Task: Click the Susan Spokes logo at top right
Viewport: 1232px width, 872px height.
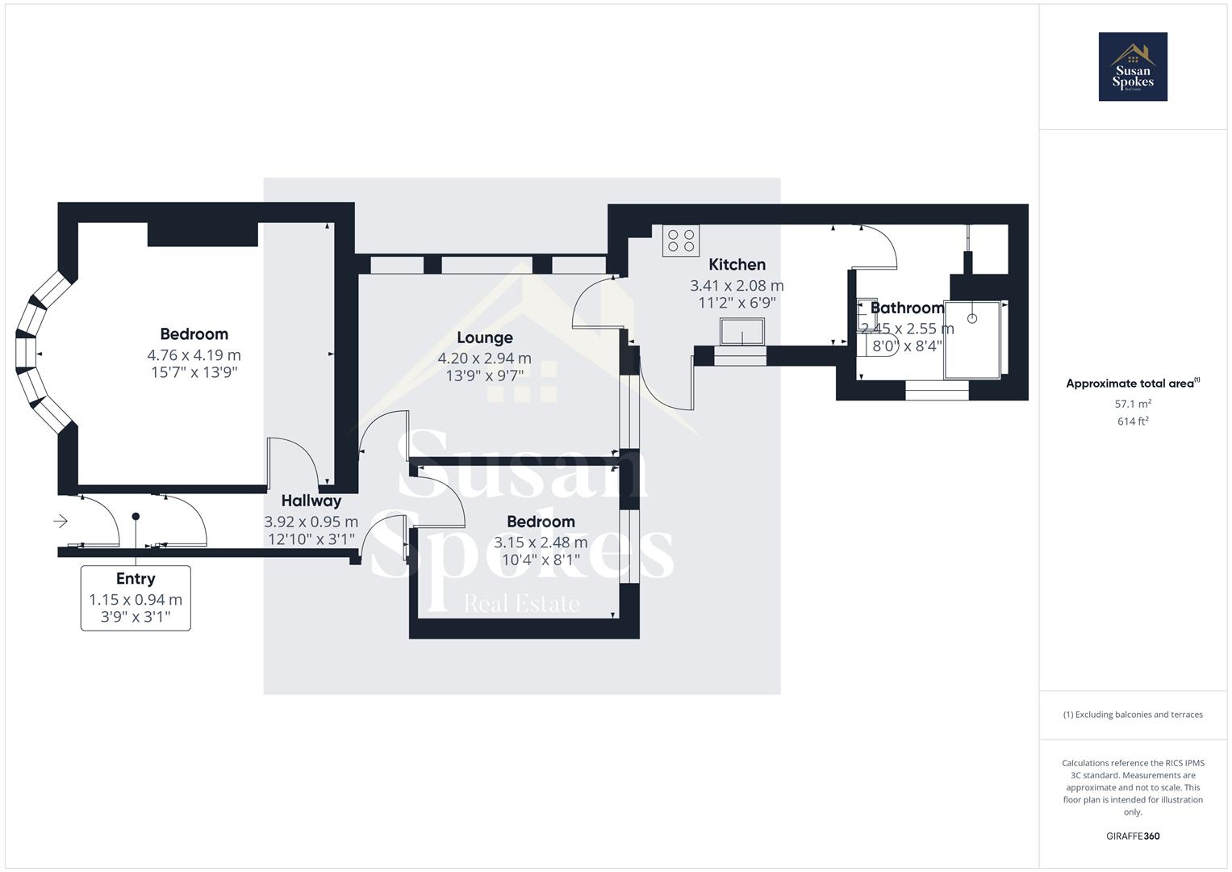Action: click(1133, 67)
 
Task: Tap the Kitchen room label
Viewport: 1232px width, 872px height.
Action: click(737, 265)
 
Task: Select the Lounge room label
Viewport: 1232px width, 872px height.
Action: click(484, 337)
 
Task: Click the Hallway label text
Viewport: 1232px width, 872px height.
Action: click(311, 501)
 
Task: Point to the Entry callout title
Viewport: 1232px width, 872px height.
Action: click(136, 579)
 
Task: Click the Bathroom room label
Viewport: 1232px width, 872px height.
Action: click(907, 308)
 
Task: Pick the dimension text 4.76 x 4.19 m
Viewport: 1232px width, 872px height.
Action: click(194, 355)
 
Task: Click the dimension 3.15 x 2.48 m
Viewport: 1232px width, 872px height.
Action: click(541, 543)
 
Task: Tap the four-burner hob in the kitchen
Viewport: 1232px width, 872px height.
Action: click(681, 241)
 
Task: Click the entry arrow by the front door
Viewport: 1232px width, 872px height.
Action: click(61, 522)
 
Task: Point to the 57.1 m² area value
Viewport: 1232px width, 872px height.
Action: click(1133, 404)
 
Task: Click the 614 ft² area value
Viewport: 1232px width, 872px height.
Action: click(1133, 421)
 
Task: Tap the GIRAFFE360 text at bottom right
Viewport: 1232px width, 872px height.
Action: click(1133, 836)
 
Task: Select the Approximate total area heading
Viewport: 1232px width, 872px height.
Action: click(1131, 384)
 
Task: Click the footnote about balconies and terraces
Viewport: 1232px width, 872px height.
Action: click(1133, 715)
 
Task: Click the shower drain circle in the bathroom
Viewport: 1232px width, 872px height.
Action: click(972, 318)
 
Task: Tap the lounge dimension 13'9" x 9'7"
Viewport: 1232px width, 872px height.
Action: click(484, 375)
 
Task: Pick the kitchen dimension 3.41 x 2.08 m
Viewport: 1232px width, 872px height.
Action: click(737, 286)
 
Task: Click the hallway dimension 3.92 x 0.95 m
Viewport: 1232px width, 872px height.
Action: click(311, 522)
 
